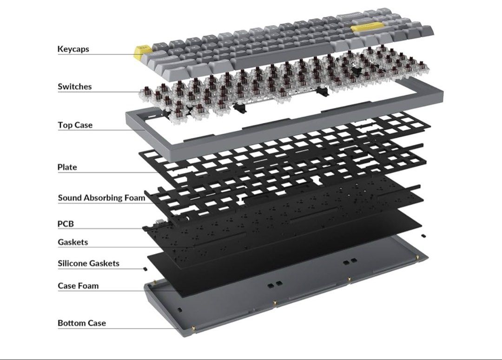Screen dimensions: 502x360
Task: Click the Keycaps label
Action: coord(73,49)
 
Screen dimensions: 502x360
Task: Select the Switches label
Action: coord(74,87)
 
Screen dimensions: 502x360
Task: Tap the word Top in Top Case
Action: coord(65,125)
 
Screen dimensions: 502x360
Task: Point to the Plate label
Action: coord(67,167)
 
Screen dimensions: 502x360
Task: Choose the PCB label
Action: coord(66,224)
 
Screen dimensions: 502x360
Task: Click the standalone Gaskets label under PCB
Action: coord(73,242)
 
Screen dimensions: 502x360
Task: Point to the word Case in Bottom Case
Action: coord(97,323)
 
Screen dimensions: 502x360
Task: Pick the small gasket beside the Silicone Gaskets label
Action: coord(145,269)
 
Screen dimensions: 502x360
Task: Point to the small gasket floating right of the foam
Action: coord(423,236)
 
